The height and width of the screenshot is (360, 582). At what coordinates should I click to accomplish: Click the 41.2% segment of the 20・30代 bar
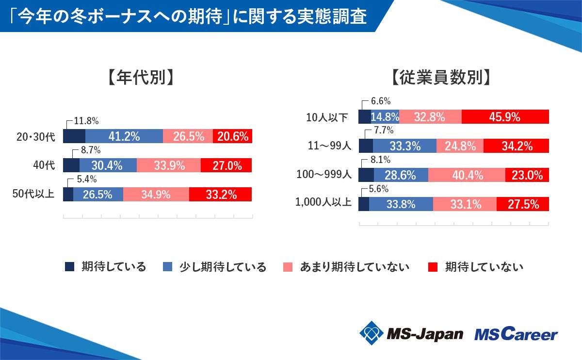point(124,136)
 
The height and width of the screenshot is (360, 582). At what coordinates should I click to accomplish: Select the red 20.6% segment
point(232,136)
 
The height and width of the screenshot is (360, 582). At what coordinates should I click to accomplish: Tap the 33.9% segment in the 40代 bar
point(169,165)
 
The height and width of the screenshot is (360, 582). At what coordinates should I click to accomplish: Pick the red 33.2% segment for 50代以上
point(221,195)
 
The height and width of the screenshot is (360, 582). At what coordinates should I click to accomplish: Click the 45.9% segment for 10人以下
point(505,117)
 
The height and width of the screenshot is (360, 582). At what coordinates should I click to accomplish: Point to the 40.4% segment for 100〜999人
point(467,175)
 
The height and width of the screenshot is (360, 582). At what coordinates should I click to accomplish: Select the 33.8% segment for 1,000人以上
point(401,204)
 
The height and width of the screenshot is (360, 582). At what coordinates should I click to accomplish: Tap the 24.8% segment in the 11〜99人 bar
point(460,146)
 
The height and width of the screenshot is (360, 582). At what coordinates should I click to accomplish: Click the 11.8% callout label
point(87,120)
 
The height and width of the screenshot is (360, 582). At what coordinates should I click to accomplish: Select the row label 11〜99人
point(329,146)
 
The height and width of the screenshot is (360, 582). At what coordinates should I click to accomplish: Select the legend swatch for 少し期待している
point(167,267)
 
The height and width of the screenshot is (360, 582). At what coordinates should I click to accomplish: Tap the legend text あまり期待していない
point(355,267)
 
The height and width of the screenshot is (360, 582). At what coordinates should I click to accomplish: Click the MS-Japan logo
point(411,333)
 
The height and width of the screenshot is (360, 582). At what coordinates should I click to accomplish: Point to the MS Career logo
point(516,333)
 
